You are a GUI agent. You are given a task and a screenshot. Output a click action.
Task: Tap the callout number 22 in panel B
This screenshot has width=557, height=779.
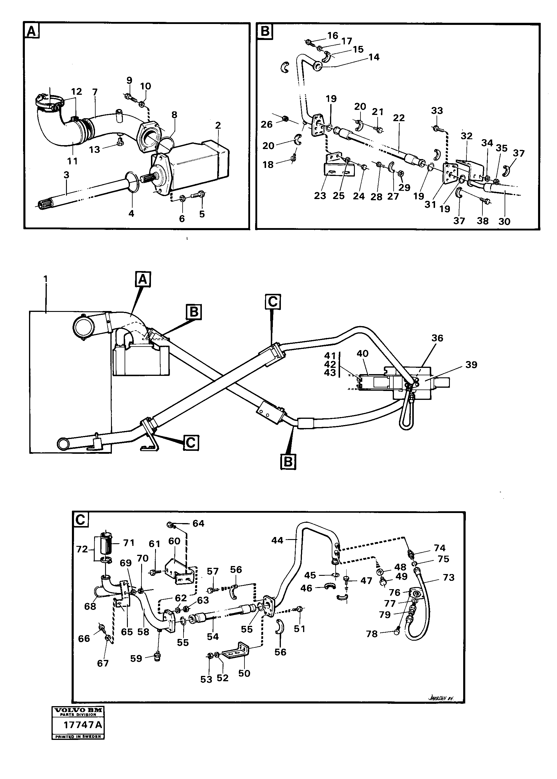point(399,118)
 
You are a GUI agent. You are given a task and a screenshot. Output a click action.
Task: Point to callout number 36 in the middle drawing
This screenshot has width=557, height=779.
point(437,338)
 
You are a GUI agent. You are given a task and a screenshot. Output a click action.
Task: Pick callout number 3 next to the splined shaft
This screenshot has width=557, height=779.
point(66,175)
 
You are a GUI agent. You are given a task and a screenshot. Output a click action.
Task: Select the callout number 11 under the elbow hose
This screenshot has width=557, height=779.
point(73,161)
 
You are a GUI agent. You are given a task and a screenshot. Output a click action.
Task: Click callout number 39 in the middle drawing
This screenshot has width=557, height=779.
point(471,365)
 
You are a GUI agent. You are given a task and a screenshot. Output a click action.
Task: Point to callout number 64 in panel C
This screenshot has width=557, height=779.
point(198,523)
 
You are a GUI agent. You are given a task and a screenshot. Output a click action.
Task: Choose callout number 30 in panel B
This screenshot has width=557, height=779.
point(505,222)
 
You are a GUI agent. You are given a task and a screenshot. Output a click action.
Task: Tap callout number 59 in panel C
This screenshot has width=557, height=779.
point(136,658)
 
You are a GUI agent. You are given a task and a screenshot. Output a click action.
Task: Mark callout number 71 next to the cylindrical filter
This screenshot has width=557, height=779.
point(129,543)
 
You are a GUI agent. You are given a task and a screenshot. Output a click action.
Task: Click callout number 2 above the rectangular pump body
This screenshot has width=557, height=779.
point(218,125)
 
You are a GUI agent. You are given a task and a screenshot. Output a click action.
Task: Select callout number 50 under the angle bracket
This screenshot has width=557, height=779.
point(244,673)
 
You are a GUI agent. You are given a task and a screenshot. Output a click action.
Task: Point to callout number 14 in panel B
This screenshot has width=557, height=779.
point(374,57)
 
